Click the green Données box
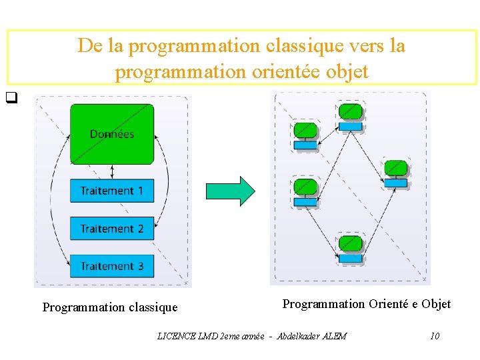[x=112, y=133]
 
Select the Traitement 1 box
[x=112, y=191]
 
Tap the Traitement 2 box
[x=112, y=229]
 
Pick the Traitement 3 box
[x=112, y=266]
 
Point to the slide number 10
[x=434, y=336]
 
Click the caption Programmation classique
[x=110, y=307]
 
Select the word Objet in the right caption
[x=437, y=304]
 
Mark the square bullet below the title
[x=11, y=102]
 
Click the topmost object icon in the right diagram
[x=350, y=116]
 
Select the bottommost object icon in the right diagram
[x=350, y=248]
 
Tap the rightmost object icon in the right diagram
[x=396, y=173]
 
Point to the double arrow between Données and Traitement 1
[x=112, y=172]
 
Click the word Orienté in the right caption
[x=388, y=304]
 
